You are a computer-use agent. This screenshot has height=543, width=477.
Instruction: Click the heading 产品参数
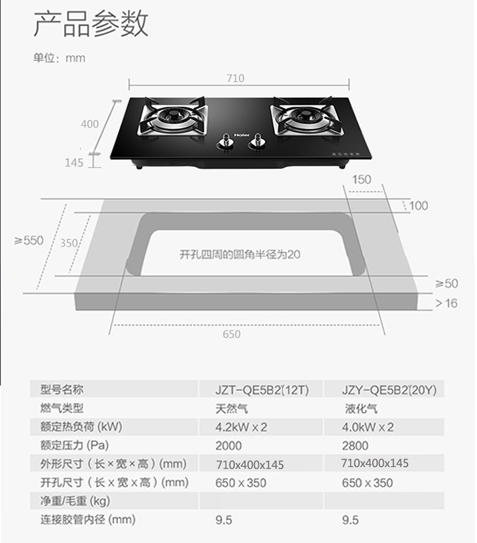[x=90, y=23]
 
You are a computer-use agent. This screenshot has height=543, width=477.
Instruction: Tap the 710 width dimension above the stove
[x=235, y=79]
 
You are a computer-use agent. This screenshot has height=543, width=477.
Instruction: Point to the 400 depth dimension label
[x=90, y=124]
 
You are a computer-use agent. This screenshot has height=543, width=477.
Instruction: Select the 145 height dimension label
[x=74, y=163]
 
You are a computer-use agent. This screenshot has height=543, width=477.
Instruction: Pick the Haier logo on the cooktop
[x=240, y=135]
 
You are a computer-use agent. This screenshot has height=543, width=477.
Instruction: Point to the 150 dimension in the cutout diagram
[x=361, y=180]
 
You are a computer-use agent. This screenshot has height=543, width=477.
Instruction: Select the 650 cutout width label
[x=232, y=335]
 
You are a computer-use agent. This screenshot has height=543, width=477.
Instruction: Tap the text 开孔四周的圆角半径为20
[x=239, y=255]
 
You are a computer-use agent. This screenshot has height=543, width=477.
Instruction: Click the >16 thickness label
[x=446, y=304]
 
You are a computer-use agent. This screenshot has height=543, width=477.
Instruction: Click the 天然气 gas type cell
[x=232, y=408]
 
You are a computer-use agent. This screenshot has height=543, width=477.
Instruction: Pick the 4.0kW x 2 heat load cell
[x=368, y=427]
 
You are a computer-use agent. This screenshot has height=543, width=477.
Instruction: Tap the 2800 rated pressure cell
[x=355, y=445]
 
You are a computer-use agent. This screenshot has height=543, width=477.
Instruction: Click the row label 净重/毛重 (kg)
[x=76, y=501]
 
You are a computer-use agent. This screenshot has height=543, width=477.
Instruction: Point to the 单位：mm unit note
[x=59, y=58]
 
